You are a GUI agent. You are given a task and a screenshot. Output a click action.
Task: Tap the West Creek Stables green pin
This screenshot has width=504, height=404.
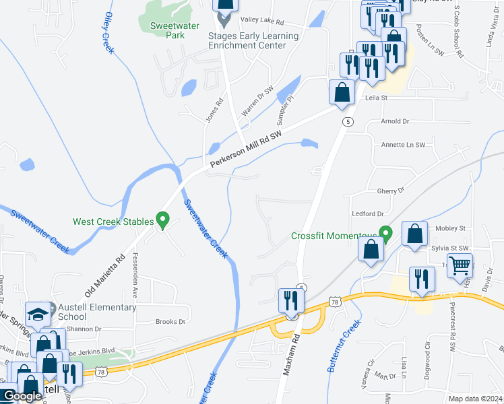(x=162, y=219)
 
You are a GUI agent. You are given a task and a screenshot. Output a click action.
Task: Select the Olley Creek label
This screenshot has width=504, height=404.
(x=107, y=34)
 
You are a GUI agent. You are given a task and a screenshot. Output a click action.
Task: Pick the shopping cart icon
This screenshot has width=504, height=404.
(x=460, y=266)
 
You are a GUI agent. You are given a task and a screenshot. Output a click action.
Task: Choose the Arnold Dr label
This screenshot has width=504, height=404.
(x=395, y=122)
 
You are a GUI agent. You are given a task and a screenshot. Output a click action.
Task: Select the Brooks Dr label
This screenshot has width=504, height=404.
(x=170, y=322)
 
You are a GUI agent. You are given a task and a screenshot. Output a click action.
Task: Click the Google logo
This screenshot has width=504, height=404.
(x=22, y=397)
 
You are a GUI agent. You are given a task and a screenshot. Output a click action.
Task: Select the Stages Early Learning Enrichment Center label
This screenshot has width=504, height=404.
(x=253, y=40)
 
